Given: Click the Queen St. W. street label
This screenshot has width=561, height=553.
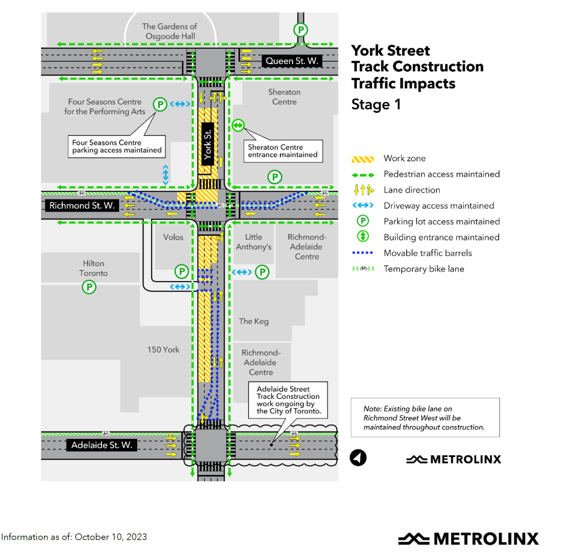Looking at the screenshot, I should (x=292, y=61).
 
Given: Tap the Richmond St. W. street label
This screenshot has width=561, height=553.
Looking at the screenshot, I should (x=82, y=206).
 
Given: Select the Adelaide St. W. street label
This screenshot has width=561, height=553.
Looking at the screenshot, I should (x=102, y=445).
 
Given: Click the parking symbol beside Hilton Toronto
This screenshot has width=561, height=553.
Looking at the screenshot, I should (x=89, y=287).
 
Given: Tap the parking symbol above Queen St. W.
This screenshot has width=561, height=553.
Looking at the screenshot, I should (x=301, y=30).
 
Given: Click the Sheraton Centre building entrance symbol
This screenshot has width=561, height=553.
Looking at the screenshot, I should (x=238, y=125).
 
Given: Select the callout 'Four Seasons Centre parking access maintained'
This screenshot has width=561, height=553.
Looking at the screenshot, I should (x=117, y=146).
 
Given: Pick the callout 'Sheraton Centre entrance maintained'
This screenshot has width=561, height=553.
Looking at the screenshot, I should (x=283, y=151).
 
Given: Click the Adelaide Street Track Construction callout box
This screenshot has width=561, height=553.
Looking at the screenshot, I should (x=288, y=400).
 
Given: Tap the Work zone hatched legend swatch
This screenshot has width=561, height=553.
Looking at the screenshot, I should (x=363, y=159).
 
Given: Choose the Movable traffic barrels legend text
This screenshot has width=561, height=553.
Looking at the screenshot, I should (x=427, y=253).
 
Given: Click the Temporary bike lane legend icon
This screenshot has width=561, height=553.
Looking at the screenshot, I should (x=363, y=268).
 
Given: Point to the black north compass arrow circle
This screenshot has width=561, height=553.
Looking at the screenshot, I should (x=358, y=458).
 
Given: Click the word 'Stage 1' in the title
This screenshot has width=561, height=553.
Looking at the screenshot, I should (x=376, y=104).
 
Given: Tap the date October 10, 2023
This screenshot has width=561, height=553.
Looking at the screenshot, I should (x=111, y=537).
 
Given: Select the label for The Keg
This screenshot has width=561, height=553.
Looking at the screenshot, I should (x=254, y=321).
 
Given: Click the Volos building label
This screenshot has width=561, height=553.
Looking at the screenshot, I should (x=173, y=237).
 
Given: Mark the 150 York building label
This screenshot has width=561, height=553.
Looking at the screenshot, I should (x=163, y=350).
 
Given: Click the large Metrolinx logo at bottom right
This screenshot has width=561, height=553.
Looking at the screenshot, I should (x=469, y=539).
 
